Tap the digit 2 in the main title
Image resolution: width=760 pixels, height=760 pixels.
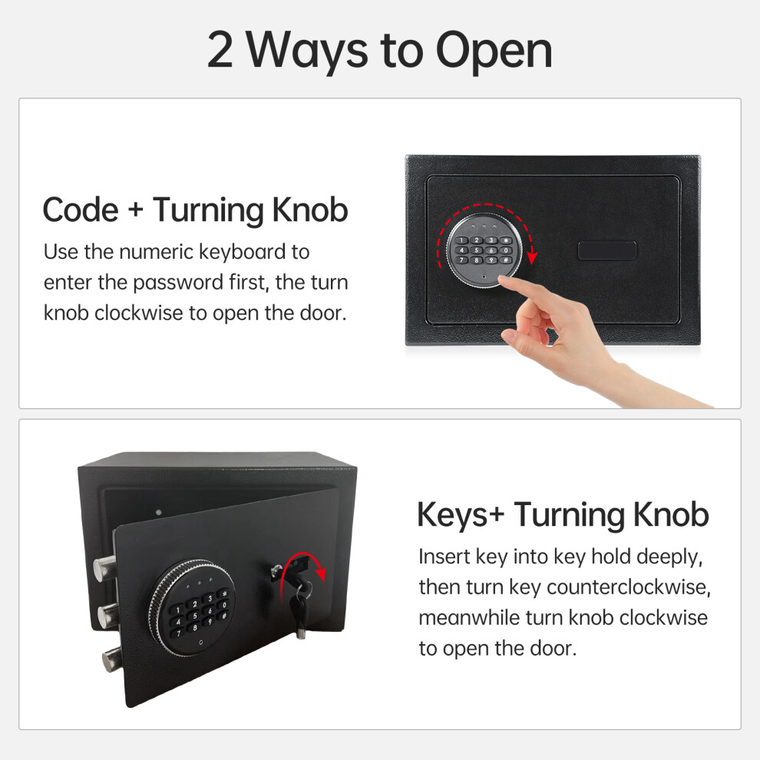click(220, 49)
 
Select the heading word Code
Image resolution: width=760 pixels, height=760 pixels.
click(81, 210)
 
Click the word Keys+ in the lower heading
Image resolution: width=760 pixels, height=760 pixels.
click(461, 515)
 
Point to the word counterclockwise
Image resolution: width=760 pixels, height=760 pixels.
click(628, 587)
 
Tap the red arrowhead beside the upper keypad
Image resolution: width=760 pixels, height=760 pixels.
click(532, 257)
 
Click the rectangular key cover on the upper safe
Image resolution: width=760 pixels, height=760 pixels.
click(606, 250)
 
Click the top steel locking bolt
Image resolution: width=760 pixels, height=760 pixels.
click(104, 569)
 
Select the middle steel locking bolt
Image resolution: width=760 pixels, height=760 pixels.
click(107, 615)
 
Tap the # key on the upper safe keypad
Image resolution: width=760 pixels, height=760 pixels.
click(506, 260)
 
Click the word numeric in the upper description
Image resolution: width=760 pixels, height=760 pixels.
click(156, 252)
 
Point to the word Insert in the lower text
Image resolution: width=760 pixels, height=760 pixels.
click(444, 557)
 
